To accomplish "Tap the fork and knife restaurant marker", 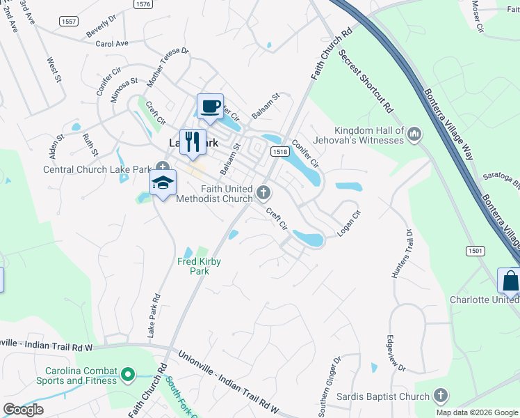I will (193, 142).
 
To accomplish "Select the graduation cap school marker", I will (163, 183).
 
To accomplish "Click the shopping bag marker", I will (510, 281).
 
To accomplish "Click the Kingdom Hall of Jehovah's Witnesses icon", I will (415, 133).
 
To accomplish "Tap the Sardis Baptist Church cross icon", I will (440, 396).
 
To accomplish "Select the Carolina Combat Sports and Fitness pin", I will (127, 376).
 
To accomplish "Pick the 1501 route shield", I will (475, 250).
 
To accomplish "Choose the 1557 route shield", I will (69, 22).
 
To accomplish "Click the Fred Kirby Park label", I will (200, 266).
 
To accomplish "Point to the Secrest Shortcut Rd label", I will (366, 82).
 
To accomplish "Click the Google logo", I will (23, 410).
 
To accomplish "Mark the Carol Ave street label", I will (113, 43).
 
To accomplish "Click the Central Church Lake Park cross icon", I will (163, 168).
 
